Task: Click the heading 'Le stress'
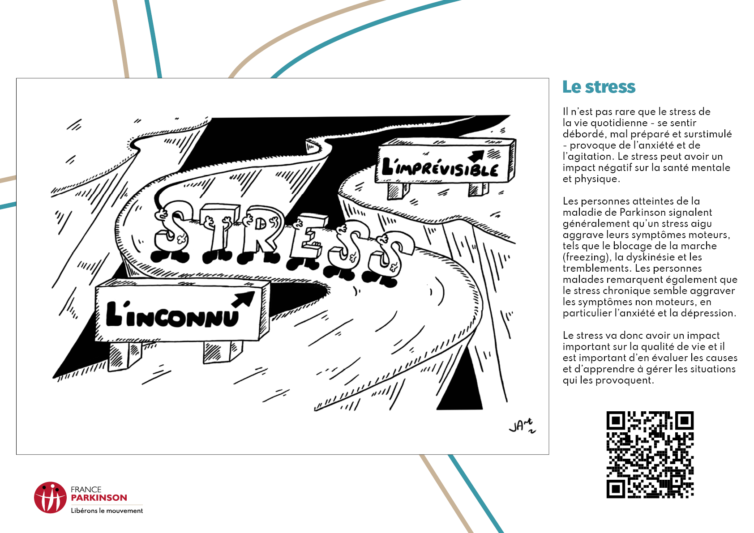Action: point(599,87)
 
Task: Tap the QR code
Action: point(650,455)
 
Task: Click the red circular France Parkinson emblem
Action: point(50,497)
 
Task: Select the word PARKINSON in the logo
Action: point(99,498)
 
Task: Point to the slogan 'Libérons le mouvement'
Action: point(107,511)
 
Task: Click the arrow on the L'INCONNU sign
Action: point(243,299)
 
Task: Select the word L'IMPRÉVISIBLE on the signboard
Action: point(440,167)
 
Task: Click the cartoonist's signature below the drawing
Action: point(522,426)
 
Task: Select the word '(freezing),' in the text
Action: point(587,257)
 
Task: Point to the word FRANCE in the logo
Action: point(86,490)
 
